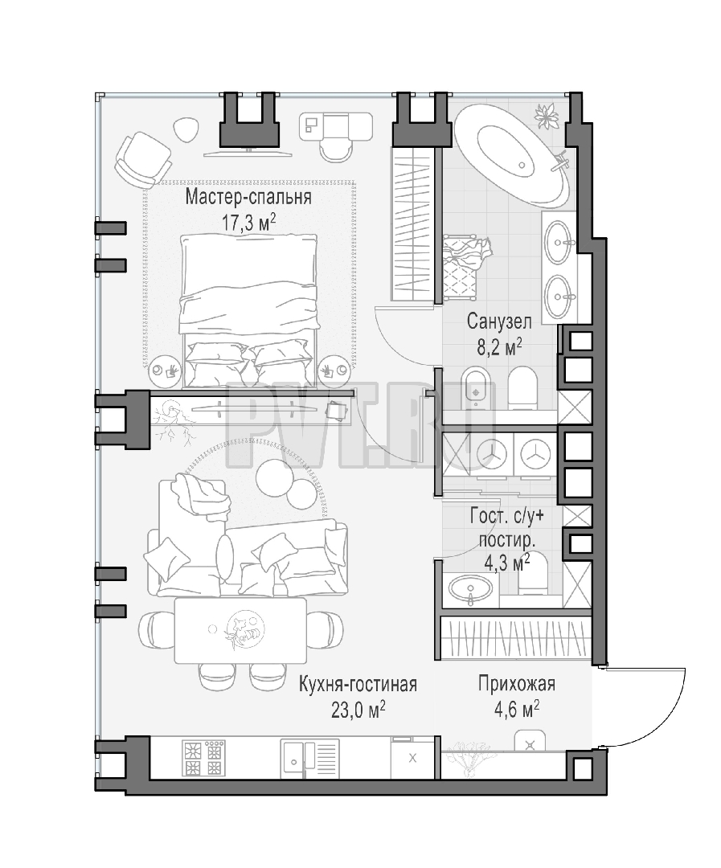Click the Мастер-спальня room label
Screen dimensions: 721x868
[x=248, y=197]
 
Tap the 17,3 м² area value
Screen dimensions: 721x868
[x=248, y=223]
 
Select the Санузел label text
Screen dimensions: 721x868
[x=499, y=321]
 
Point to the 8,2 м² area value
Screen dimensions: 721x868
[x=499, y=347]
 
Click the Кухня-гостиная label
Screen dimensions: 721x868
[x=358, y=685]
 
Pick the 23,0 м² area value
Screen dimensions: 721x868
[x=358, y=710]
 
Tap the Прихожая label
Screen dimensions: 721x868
[x=517, y=684]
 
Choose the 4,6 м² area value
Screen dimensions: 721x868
[x=517, y=710]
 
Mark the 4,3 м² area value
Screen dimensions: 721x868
[x=506, y=563]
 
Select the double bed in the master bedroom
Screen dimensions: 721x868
[x=250, y=310]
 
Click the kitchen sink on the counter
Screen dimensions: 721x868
[x=309, y=758]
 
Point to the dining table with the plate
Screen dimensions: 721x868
[x=240, y=631]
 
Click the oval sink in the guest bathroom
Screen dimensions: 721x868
[x=471, y=588]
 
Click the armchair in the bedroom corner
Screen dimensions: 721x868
[x=141, y=159]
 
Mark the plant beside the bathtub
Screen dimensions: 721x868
[x=547, y=116]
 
